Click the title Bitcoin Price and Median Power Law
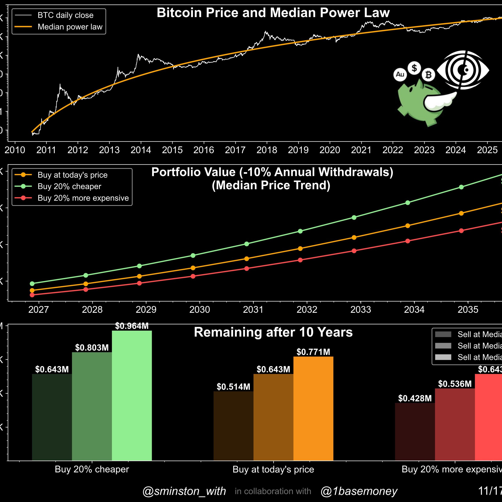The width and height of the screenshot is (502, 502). tap(273, 13)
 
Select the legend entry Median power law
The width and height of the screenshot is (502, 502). tap(70, 27)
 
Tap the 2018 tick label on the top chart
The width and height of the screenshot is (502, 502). tap(267, 150)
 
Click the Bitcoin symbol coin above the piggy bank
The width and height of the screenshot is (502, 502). tap(428, 75)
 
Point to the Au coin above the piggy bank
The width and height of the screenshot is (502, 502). tap(400, 75)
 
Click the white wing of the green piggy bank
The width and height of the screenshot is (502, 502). tap(439, 102)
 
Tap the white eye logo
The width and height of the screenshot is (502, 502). tap(463, 70)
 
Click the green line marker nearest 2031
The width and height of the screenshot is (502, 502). tap(246, 244)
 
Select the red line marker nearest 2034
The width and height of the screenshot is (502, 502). tap(407, 241)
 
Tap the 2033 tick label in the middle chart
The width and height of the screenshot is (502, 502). tap(360, 309)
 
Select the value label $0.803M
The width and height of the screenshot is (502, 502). tap(92, 348)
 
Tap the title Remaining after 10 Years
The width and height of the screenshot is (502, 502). tap(273, 332)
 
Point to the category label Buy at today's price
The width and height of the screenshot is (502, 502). tap(273, 469)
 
